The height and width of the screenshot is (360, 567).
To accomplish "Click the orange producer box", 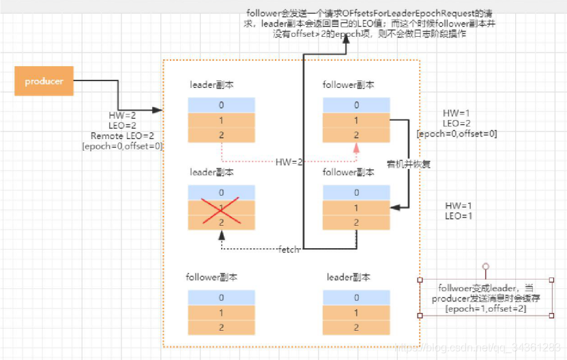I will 44,81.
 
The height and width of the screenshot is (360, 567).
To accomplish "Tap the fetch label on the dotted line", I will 289,250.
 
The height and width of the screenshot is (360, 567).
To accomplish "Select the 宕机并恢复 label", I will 409,164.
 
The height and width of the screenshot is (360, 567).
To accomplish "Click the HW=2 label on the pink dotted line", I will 289,162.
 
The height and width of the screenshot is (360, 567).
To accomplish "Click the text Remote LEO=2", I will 122,136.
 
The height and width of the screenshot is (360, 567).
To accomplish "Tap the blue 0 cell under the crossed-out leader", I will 222,193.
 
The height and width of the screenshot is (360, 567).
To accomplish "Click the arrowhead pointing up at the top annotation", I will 346,40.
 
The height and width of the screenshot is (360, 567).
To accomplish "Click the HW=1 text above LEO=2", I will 456,112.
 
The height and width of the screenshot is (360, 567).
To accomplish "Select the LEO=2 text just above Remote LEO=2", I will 122,125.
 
